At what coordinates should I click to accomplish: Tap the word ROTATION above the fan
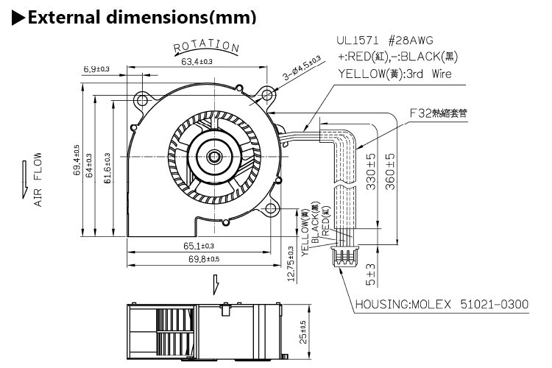click(206, 48)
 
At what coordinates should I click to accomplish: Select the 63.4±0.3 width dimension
click(197, 62)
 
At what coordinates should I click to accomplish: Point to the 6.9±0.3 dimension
click(96, 68)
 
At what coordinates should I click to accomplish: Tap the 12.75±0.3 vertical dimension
click(291, 263)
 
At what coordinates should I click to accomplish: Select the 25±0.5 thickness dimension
click(302, 329)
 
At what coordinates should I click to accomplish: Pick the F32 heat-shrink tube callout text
click(449, 114)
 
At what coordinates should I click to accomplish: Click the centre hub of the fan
click(213, 156)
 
